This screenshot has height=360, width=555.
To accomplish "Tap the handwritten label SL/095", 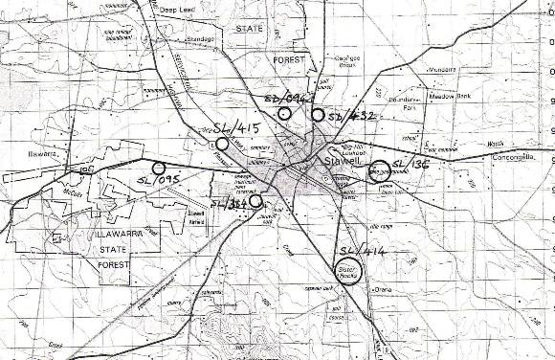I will pyautogui.click(x=158, y=177).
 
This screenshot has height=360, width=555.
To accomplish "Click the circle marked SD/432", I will pyautogui.click(x=317, y=115).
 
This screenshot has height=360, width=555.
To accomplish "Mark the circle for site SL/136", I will pyautogui.click(x=378, y=170).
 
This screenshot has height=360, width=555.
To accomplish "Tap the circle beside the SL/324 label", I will pyautogui.click(x=255, y=201).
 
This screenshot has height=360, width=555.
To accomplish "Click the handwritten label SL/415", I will pyautogui.click(x=232, y=125).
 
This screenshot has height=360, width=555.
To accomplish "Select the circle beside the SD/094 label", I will pyautogui.click(x=284, y=114).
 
